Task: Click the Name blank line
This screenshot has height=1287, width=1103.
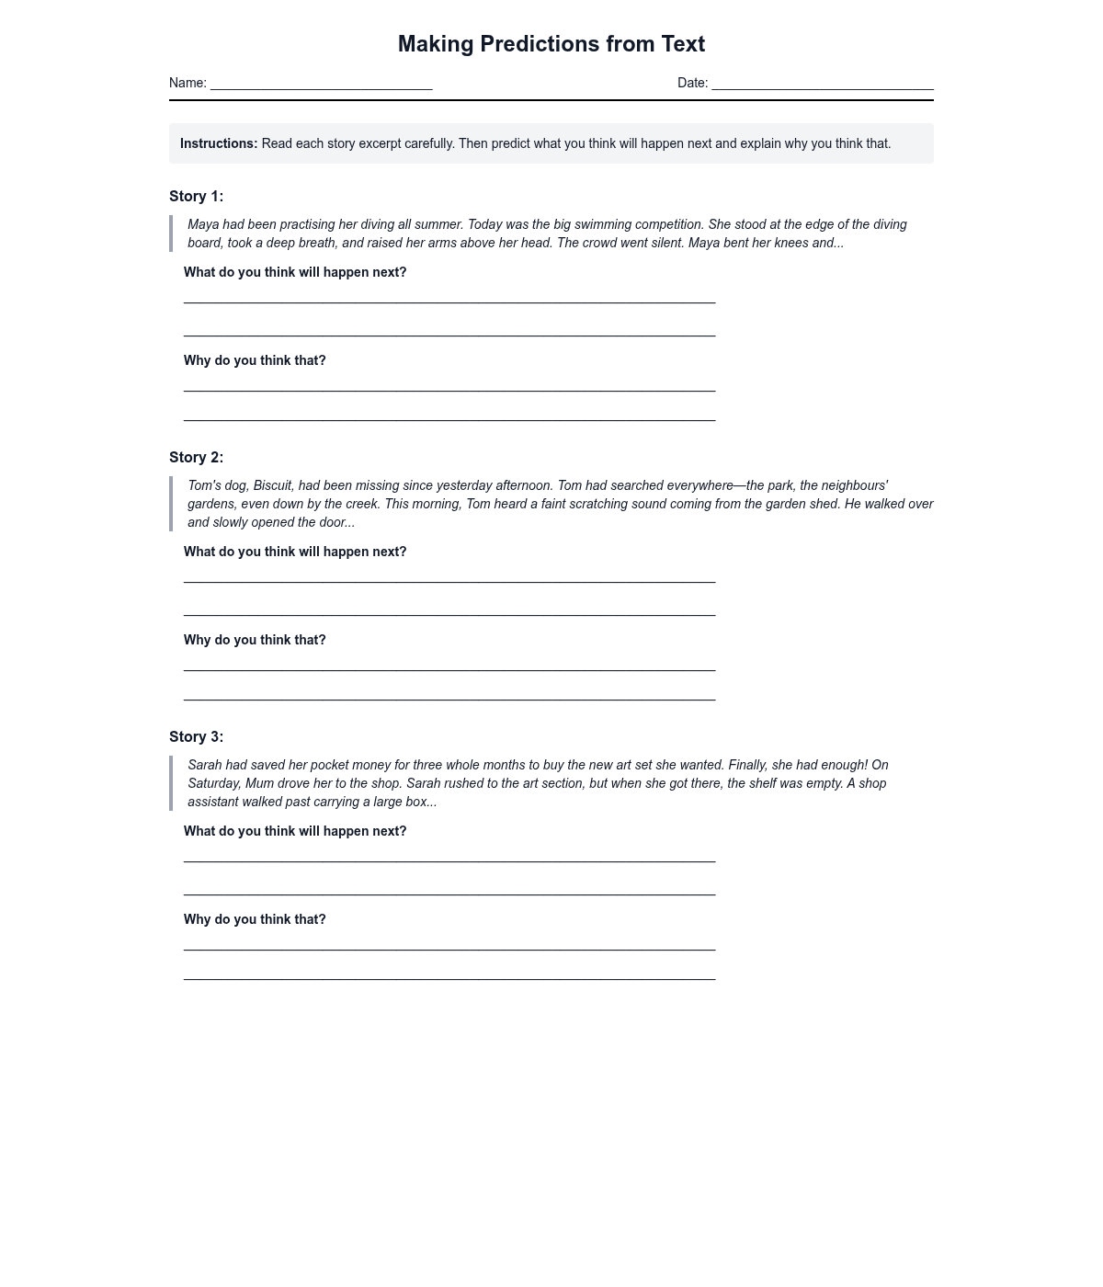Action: click(x=321, y=87)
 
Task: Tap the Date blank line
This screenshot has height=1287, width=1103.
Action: click(x=822, y=87)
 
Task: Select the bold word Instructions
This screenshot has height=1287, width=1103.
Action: click(x=219, y=143)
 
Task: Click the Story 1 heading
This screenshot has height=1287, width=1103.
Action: click(x=196, y=196)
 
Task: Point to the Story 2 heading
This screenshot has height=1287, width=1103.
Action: click(x=196, y=457)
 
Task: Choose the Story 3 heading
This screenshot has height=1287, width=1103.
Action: click(x=196, y=736)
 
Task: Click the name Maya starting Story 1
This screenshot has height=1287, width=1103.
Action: click(x=203, y=224)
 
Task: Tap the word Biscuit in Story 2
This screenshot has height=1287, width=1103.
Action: click(x=272, y=485)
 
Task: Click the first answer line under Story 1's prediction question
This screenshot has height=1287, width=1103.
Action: click(x=449, y=301)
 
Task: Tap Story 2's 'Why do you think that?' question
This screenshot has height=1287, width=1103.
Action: click(x=255, y=640)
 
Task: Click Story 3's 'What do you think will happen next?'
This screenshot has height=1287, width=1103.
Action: click(x=295, y=831)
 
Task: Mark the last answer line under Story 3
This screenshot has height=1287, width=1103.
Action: click(x=449, y=977)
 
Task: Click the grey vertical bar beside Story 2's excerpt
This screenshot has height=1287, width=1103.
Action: click(x=171, y=504)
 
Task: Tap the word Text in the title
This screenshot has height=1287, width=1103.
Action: click(x=683, y=44)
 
